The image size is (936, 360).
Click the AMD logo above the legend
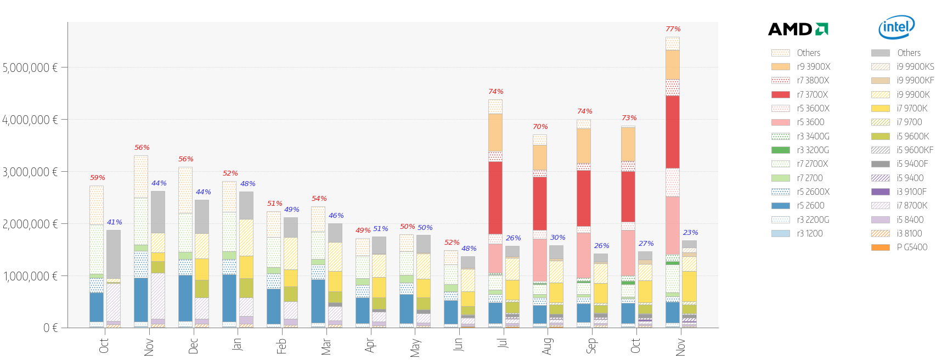[x=798, y=29]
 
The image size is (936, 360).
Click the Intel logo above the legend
[x=896, y=27]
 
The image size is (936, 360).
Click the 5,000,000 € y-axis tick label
[x=30, y=67]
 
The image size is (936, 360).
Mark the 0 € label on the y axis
[x=50, y=328]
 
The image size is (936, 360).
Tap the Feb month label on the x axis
[x=281, y=346]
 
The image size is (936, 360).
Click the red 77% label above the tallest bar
[x=673, y=29]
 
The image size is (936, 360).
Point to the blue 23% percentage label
[x=690, y=233]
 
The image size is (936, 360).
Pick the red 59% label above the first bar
[x=97, y=178]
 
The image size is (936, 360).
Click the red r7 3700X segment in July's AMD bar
[x=495, y=198]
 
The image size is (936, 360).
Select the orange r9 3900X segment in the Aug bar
[x=540, y=157]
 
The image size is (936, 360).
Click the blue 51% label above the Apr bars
[x=381, y=229]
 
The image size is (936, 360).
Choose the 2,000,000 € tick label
[x=30, y=224]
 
